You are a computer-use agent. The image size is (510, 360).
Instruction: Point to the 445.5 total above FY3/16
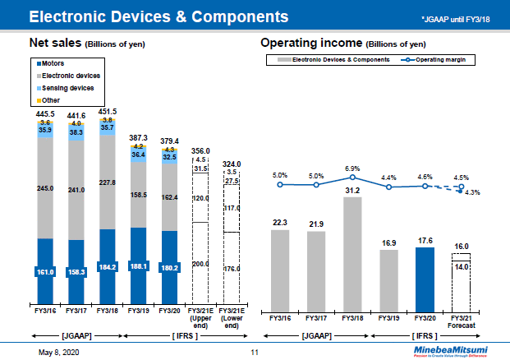45,114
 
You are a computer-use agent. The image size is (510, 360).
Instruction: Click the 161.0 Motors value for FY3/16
45,270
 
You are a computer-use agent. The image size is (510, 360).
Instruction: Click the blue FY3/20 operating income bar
425,275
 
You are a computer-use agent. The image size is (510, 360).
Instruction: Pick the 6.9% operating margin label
352,167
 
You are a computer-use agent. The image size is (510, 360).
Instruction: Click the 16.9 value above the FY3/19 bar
388,243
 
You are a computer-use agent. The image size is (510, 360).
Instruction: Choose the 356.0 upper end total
200,150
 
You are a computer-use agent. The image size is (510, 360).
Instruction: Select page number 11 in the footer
254,352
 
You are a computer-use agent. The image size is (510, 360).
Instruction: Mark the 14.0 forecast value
462,266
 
